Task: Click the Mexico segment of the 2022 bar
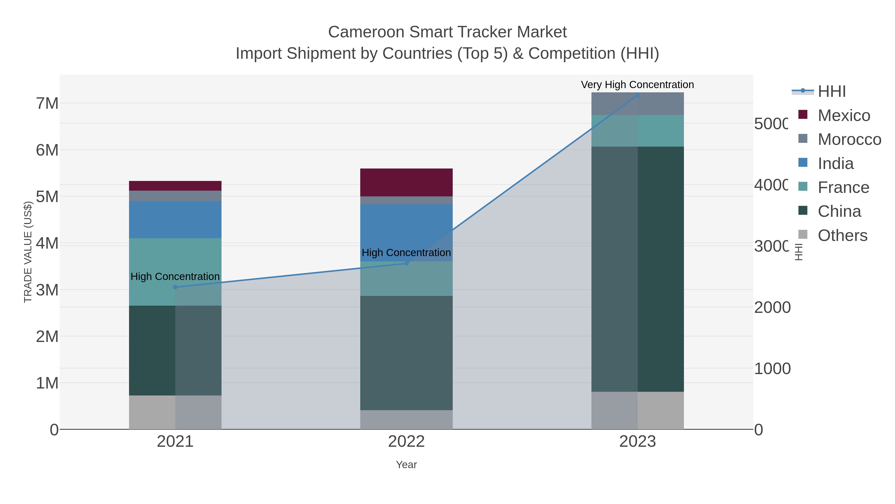[406, 183]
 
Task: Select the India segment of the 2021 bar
[175, 220]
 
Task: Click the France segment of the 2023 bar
[637, 131]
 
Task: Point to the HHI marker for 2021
[175, 287]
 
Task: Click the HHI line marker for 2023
[637, 95]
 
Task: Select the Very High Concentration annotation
[637, 85]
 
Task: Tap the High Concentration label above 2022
[406, 253]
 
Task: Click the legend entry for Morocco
[849, 139]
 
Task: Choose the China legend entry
[839, 212]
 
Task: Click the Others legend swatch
[803, 235]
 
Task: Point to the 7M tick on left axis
[47, 104]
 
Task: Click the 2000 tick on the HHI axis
[772, 307]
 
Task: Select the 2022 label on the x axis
[406, 442]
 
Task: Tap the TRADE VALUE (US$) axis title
[28, 252]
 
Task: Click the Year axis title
[406, 465]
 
